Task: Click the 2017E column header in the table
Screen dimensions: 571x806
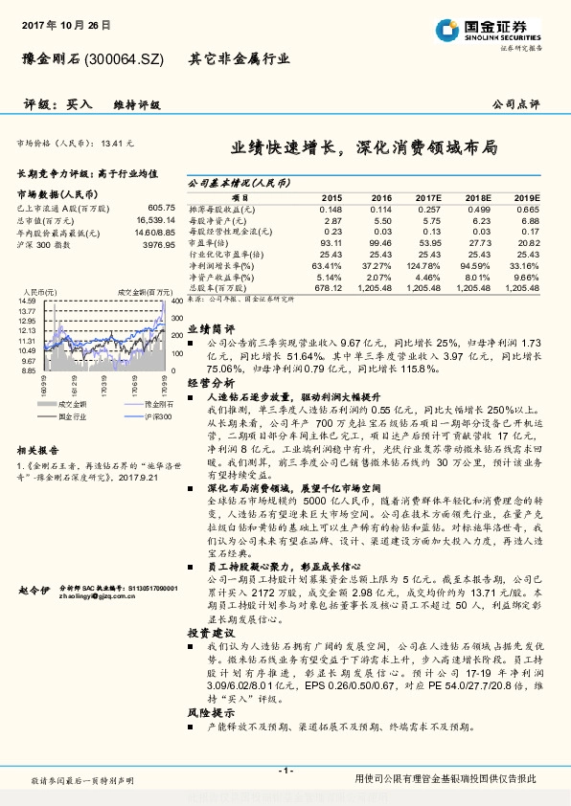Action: [x=428, y=196]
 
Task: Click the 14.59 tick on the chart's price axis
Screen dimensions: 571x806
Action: [x=28, y=302]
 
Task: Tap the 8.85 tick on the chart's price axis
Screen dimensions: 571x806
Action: [x=28, y=370]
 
